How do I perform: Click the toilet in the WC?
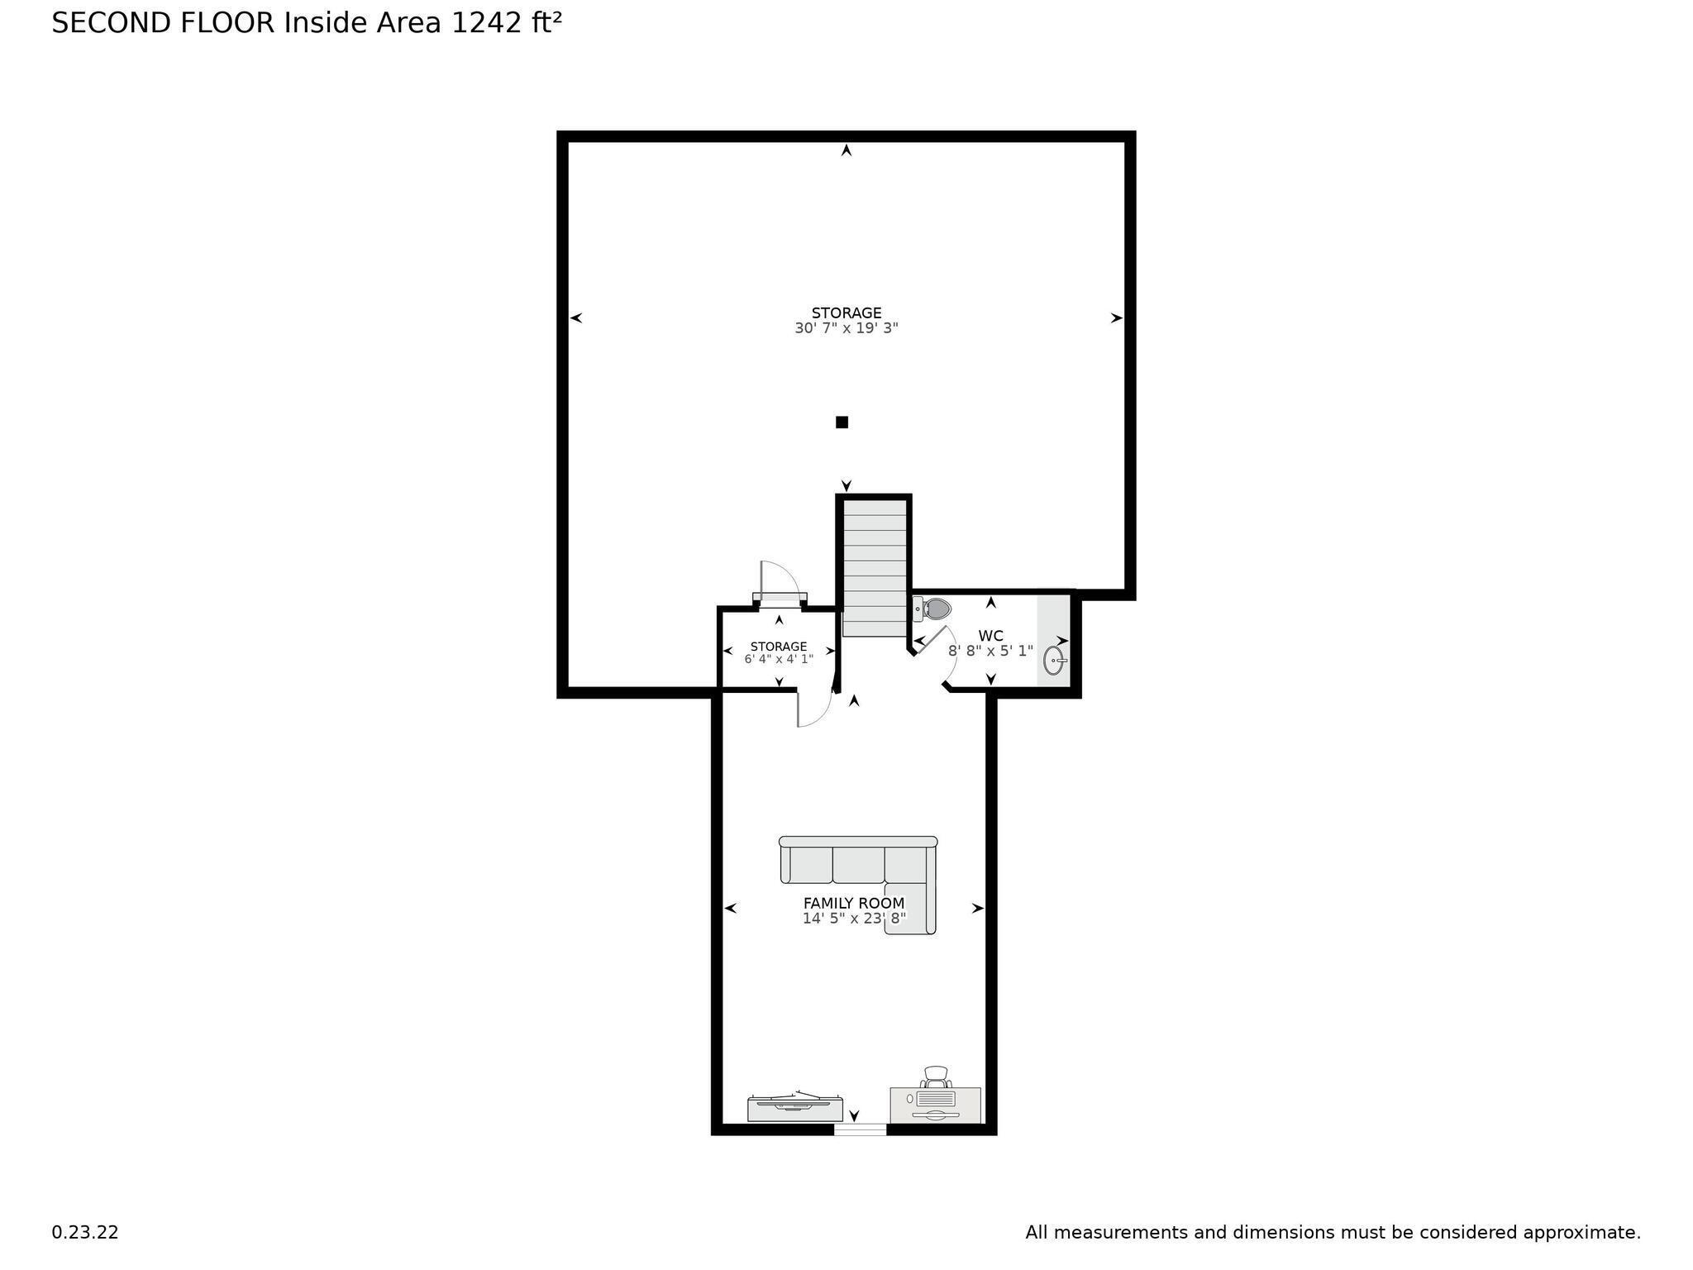[x=932, y=609]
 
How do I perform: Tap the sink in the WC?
[x=1054, y=660]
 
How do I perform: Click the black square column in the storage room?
[x=842, y=423]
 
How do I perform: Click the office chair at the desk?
[x=936, y=1077]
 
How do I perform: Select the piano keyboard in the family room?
[x=794, y=1107]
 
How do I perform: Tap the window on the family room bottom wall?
[x=860, y=1129]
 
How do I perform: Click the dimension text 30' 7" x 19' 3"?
[x=846, y=328]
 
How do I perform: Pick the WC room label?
[x=990, y=636]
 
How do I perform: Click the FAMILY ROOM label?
[x=854, y=904]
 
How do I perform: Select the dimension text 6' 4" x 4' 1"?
[x=779, y=660]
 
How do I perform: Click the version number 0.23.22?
[x=85, y=1233]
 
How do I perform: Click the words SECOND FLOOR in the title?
[x=163, y=23]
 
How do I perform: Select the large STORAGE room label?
[x=846, y=313]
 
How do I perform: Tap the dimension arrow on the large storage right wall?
[x=1116, y=317]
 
